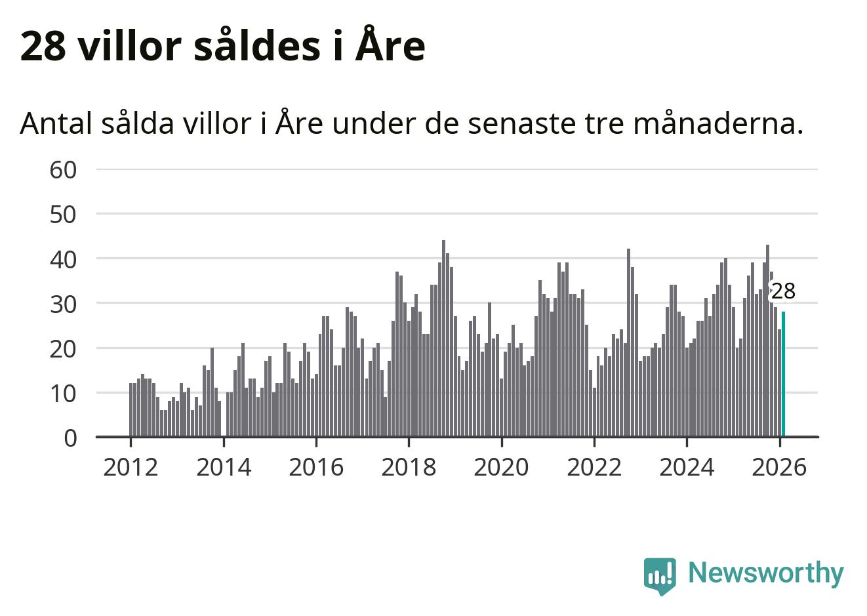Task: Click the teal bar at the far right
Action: [x=783, y=374]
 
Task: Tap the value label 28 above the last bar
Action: [x=782, y=291]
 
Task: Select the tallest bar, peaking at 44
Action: [x=443, y=339]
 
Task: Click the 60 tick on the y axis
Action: [x=64, y=170]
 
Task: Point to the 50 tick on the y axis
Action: [x=64, y=215]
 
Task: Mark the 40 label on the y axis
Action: [x=64, y=259]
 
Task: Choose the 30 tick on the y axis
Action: [x=64, y=304]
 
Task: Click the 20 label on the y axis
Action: [x=64, y=348]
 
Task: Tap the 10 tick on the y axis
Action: [x=64, y=394]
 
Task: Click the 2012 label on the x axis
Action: [x=131, y=468]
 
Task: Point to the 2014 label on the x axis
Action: [x=224, y=468]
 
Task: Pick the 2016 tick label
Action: [x=316, y=468]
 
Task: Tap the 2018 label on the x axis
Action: [x=409, y=468]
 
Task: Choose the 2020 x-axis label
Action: [x=502, y=468]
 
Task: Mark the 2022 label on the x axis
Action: [x=594, y=468]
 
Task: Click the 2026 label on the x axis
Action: [x=780, y=468]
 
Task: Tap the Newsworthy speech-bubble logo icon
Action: [x=660, y=575]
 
